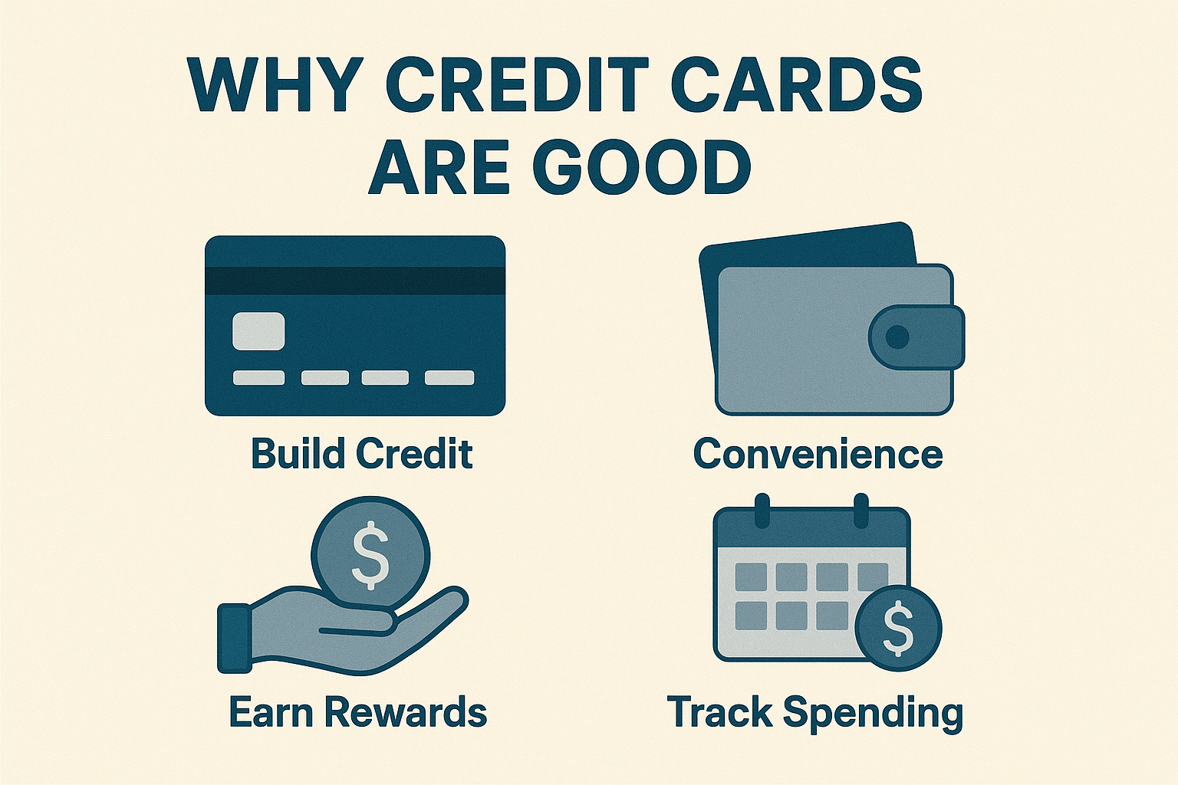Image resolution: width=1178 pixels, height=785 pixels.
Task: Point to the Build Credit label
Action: pyautogui.click(x=361, y=453)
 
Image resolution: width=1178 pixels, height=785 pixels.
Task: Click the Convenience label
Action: pyautogui.click(x=818, y=453)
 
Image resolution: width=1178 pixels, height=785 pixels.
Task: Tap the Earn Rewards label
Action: pyautogui.click(x=357, y=712)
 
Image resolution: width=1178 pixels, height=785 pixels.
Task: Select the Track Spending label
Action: pyautogui.click(x=814, y=712)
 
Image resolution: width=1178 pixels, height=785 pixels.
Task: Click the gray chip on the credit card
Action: pyautogui.click(x=258, y=331)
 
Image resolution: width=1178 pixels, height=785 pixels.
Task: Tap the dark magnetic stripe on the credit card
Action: pyautogui.click(x=354, y=281)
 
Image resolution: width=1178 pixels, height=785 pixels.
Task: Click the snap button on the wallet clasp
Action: pyautogui.click(x=897, y=337)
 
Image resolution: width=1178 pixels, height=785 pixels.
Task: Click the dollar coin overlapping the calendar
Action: pyautogui.click(x=898, y=629)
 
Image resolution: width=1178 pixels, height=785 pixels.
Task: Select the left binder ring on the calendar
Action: pyautogui.click(x=762, y=510)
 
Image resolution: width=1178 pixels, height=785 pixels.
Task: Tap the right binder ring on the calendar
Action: pyautogui.click(x=861, y=510)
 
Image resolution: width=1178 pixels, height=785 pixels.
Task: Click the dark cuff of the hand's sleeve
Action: pyautogui.click(x=234, y=638)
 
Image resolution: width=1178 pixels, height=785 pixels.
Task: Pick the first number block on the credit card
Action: pyautogui.click(x=258, y=377)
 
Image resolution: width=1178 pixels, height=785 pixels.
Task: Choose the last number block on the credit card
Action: pyautogui.click(x=449, y=377)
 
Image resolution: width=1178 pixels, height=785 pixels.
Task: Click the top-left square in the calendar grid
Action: pyautogui.click(x=751, y=576)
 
